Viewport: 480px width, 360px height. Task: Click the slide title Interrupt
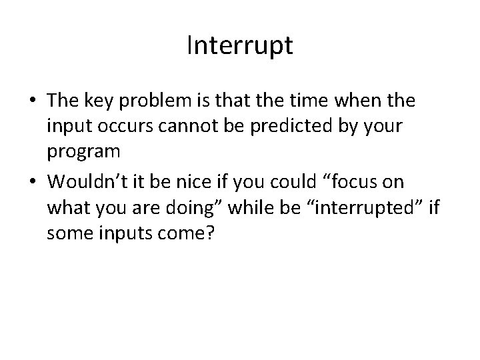pyautogui.click(x=240, y=47)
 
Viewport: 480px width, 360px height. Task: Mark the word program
pyautogui.click(x=84, y=152)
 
